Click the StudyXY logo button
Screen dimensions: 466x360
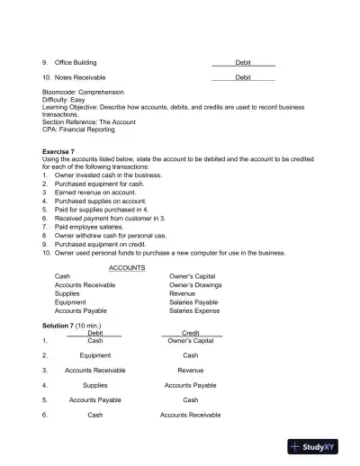pos(320,447)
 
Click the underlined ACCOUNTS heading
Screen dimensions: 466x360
pos(127,268)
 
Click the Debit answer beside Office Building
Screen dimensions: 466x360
pos(243,62)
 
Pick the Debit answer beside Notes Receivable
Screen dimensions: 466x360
pos(243,78)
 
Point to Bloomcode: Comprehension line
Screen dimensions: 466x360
pos(83,92)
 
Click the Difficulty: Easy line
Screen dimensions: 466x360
pos(66,99)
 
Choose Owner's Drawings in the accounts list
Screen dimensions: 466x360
pos(195,285)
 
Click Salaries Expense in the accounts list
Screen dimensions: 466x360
pos(194,310)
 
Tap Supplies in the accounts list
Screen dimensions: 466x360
pos(67,293)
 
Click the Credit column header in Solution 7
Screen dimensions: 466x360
pos(191,333)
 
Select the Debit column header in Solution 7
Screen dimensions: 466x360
pos(95,333)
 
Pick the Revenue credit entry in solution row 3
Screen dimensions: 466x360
pos(191,370)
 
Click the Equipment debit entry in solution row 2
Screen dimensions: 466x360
pos(95,355)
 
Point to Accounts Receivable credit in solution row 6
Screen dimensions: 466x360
pos(191,415)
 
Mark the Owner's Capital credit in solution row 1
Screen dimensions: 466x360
pos(191,341)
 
